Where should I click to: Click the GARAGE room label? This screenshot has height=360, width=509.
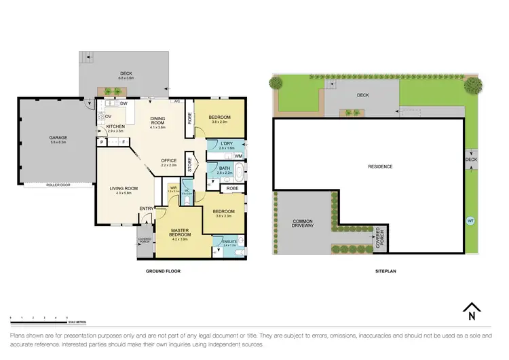(58, 138)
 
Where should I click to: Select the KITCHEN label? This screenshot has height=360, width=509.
(115, 127)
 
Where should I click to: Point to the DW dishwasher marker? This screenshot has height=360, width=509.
(124, 103)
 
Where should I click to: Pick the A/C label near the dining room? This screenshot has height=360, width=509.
(176, 101)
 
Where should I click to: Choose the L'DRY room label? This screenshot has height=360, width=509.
(227, 144)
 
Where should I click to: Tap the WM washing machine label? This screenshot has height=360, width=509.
(238, 157)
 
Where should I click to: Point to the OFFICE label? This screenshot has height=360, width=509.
(168, 162)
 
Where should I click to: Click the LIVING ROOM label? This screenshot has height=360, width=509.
(126, 190)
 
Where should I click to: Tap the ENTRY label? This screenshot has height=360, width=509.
(147, 209)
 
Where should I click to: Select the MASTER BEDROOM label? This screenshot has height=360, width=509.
(180, 234)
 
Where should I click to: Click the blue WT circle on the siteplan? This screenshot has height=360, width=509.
(470, 221)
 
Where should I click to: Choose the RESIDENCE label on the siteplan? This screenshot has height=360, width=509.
(380, 166)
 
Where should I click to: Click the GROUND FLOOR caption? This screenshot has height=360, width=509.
(164, 270)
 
